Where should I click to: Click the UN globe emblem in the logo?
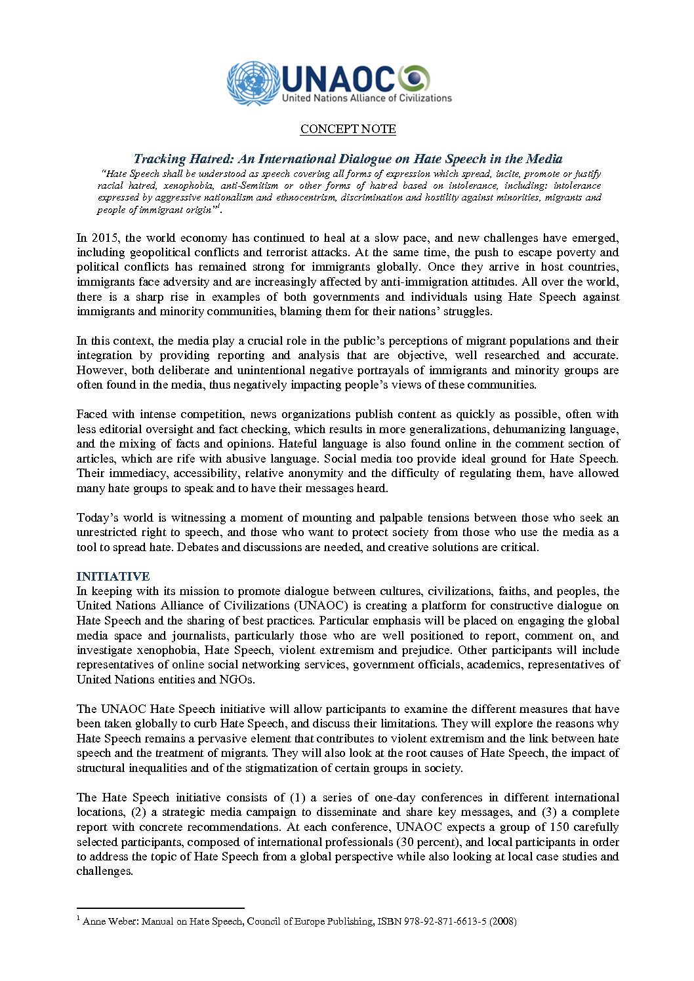pos(253,83)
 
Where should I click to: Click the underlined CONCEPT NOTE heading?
pos(348,129)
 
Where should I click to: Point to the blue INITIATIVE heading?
pos(113,576)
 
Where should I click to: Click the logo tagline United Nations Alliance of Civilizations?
pos(367,98)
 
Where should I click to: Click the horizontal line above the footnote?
pos(160,908)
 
